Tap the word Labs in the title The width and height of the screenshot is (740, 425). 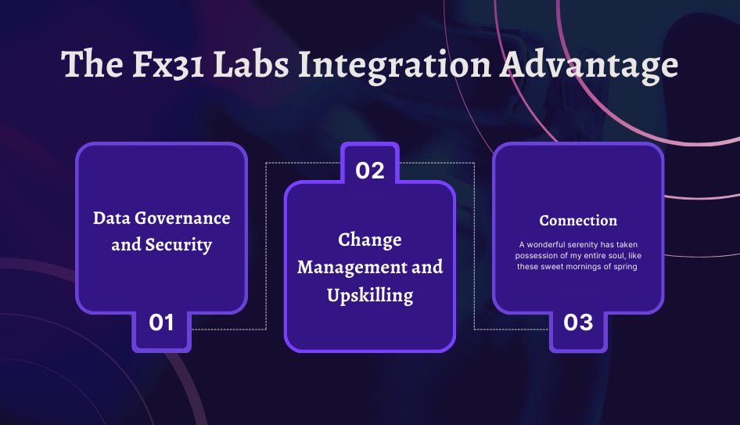[249, 65]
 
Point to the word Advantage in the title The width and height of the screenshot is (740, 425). [589, 65]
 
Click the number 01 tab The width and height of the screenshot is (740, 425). [161, 322]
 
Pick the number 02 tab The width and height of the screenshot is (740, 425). [370, 170]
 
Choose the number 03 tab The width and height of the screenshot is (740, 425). [578, 322]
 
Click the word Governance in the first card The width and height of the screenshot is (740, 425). [180, 218]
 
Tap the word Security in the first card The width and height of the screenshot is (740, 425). [179, 245]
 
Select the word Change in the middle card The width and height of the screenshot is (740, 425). [370, 240]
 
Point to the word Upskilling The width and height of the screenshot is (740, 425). [370, 295]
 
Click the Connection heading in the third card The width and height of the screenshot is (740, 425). [578, 221]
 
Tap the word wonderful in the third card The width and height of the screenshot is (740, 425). [546, 245]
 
